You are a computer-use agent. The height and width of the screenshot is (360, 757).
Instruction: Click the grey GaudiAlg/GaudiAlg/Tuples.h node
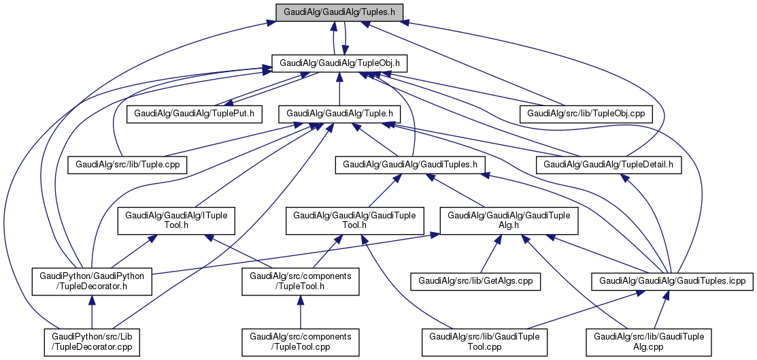[339, 12]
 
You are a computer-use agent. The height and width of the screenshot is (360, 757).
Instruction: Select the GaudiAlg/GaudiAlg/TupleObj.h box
[339, 63]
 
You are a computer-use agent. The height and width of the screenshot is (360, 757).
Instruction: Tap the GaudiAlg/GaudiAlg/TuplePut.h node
[195, 113]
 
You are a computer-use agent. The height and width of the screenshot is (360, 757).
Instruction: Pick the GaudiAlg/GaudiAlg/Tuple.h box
[340, 113]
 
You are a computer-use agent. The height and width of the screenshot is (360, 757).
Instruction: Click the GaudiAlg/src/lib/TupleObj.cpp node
[586, 113]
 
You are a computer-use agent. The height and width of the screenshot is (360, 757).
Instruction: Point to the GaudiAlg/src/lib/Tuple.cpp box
[127, 164]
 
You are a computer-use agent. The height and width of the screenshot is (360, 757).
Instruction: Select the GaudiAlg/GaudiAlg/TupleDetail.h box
[609, 164]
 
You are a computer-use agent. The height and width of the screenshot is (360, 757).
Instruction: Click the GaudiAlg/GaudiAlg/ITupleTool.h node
[176, 220]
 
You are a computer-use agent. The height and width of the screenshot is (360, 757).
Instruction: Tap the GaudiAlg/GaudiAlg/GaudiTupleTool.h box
[354, 220]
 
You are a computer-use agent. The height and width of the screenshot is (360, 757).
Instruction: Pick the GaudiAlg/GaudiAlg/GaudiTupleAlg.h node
[509, 220]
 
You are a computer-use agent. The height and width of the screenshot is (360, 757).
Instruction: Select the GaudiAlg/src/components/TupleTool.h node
[300, 281]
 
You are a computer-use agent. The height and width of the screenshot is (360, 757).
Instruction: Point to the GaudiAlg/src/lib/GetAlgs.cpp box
[475, 280]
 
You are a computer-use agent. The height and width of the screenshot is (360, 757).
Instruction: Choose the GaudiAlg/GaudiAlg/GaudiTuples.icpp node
[672, 280]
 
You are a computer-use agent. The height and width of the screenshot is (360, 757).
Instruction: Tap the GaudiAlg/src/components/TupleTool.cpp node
[300, 342]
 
